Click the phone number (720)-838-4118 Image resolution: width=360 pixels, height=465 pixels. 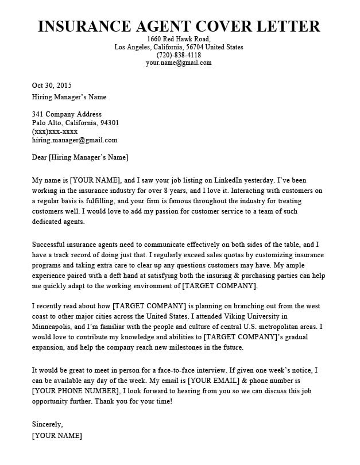179,55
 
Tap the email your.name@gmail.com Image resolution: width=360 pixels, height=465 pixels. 179,63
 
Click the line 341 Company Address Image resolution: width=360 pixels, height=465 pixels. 67,114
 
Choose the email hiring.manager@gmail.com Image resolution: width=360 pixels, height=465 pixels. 75,140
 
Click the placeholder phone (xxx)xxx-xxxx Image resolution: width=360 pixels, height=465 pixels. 55,131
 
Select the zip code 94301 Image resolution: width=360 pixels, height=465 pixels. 109,123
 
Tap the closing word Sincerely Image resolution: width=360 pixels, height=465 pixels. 47,425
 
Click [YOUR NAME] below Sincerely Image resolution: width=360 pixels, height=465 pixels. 57,436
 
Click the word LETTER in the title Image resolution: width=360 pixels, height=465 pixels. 289,26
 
